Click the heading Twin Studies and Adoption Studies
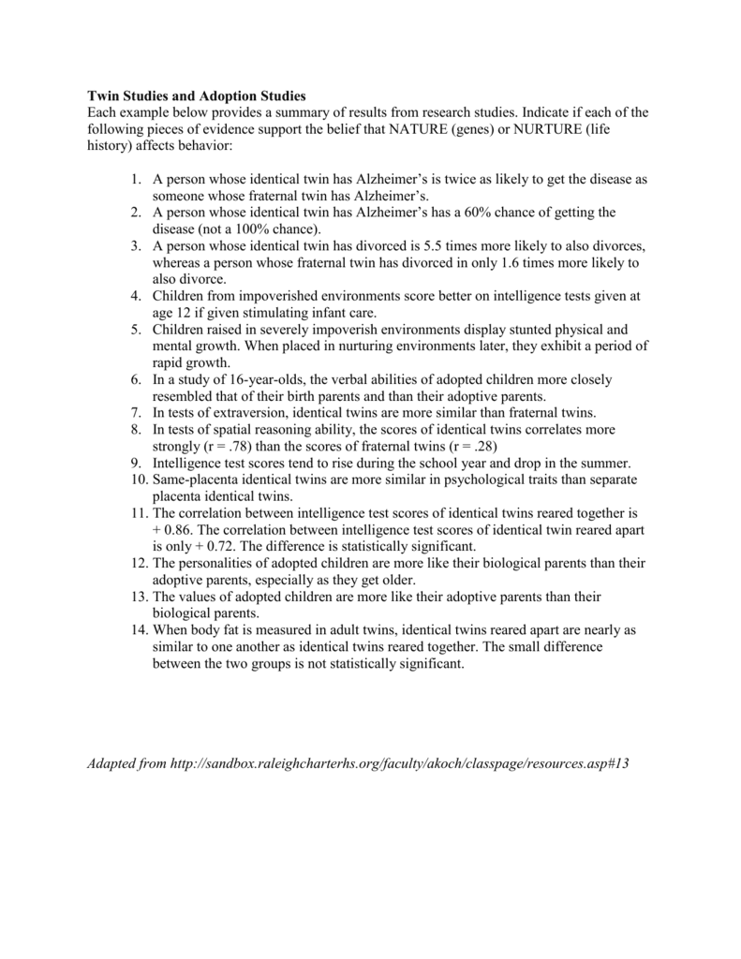197,96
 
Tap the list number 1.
137,179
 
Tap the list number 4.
137,296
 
